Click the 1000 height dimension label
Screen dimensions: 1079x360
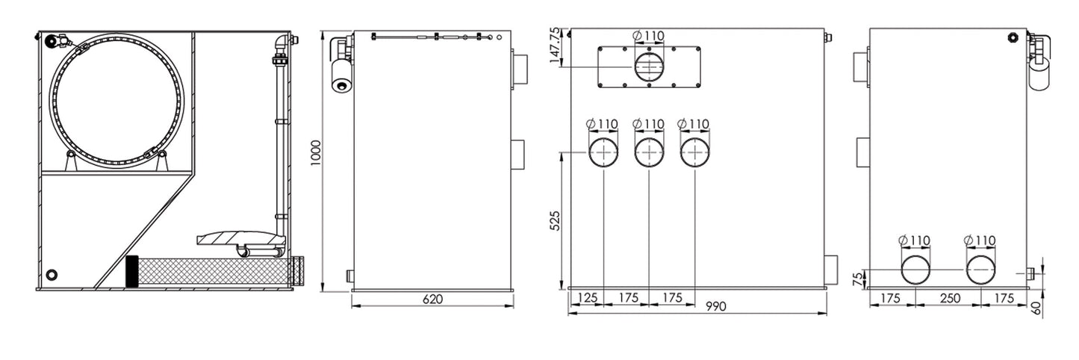point(316,153)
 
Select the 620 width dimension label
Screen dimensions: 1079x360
point(432,300)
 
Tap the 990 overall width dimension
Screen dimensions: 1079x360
point(716,306)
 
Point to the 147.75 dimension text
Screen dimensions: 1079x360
point(556,46)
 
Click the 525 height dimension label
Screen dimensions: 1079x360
point(555,220)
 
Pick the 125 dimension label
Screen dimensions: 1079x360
point(587,298)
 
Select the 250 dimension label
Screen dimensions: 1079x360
point(950,298)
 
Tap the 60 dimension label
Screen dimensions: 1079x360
point(1036,308)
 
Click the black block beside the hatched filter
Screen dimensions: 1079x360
point(131,271)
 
